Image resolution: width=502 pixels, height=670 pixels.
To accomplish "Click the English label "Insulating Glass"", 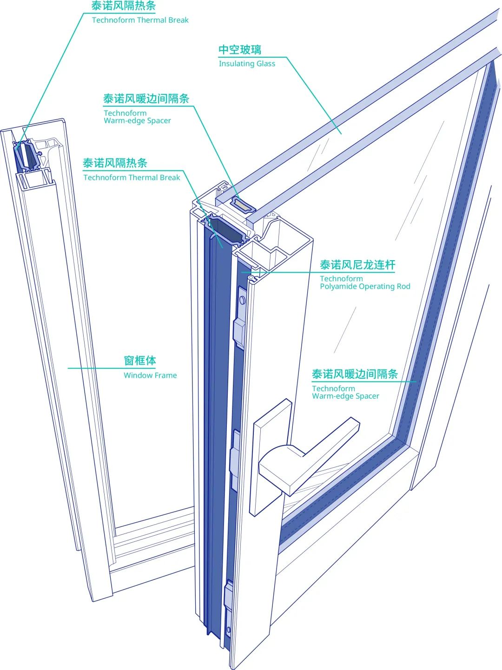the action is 247,64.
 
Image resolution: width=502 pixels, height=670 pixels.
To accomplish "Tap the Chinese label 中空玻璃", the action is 240,50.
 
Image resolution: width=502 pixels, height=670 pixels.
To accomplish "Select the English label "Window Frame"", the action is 150,375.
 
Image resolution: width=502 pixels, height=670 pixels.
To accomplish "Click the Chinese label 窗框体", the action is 140,361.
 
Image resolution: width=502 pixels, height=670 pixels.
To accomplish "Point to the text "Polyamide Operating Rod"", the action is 365,287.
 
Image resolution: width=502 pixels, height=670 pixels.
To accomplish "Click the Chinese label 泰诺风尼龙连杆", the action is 357,265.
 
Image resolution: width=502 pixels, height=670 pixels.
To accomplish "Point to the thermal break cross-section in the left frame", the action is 27,156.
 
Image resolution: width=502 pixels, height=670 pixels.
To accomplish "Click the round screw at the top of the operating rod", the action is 242,300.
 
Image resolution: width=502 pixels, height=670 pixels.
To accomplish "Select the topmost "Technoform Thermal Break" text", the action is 140,20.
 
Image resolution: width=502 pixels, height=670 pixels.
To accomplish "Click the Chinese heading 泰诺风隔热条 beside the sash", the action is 115,163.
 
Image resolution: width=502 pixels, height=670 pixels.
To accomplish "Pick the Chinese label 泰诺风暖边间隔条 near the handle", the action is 355,374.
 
